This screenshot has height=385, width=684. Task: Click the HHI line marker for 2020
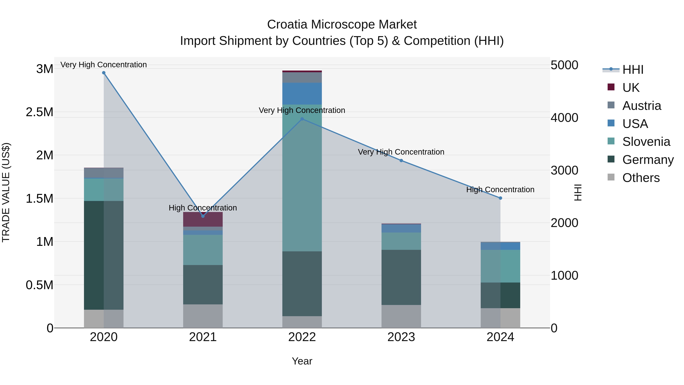(x=104, y=73)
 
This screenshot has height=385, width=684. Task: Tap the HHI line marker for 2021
(x=203, y=216)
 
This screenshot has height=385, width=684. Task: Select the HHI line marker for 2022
(x=302, y=119)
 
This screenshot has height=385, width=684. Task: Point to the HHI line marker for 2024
(x=500, y=198)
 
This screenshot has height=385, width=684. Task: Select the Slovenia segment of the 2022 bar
(x=302, y=178)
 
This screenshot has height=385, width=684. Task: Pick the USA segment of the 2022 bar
(x=302, y=94)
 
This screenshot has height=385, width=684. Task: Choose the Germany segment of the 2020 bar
(x=104, y=255)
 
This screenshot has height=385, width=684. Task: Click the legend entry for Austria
(x=641, y=106)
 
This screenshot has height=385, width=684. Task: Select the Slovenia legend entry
(x=646, y=142)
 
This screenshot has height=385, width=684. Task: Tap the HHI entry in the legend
(x=633, y=70)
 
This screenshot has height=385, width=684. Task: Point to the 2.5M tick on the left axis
(x=39, y=112)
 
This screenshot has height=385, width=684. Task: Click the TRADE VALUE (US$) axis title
(x=6, y=192)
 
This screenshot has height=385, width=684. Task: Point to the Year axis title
(x=302, y=361)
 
